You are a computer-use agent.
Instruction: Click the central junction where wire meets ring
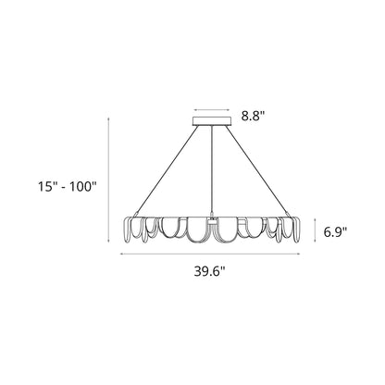214,219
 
